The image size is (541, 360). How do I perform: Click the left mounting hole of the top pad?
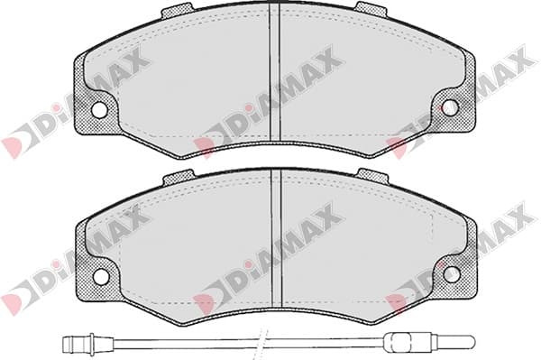point(99,109)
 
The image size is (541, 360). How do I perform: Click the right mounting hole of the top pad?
point(450,107)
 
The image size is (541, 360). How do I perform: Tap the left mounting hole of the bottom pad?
point(101,276)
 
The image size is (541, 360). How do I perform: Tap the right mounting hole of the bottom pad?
point(452,274)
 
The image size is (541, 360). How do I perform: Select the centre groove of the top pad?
point(275,72)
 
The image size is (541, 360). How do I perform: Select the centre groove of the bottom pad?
point(277,238)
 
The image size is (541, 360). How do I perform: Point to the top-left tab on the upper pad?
point(178,11)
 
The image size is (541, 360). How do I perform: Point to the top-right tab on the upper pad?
point(371,10)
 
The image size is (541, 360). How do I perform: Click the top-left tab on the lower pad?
point(179,177)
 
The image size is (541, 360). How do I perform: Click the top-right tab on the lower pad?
point(373,176)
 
